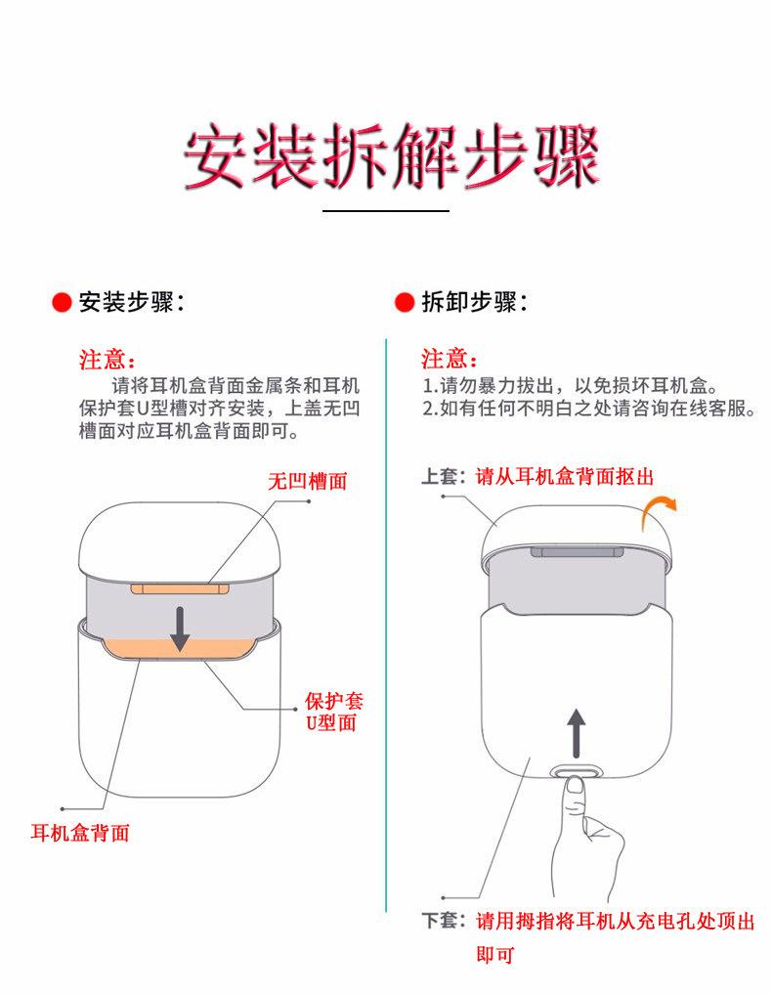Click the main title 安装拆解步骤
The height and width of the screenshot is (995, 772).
click(392, 155)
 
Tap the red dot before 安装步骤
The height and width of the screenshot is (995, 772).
click(62, 302)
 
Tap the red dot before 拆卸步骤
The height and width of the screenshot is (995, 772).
click(405, 302)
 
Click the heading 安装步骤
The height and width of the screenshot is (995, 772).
click(127, 302)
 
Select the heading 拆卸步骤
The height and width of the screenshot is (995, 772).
click(470, 302)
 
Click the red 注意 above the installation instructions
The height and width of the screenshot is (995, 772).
click(102, 360)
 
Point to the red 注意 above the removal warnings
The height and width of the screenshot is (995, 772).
click(444, 359)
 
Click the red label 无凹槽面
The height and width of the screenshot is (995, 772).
click(308, 481)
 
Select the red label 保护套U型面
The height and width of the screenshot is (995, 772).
click(333, 712)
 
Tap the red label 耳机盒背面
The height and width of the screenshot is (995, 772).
click(80, 832)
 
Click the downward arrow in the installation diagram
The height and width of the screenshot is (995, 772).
click(180, 628)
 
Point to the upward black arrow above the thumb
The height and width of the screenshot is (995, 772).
click(576, 733)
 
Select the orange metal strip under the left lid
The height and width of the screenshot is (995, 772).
click(180, 588)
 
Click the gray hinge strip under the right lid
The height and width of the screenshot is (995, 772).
click(577, 551)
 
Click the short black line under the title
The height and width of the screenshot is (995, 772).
click(386, 211)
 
